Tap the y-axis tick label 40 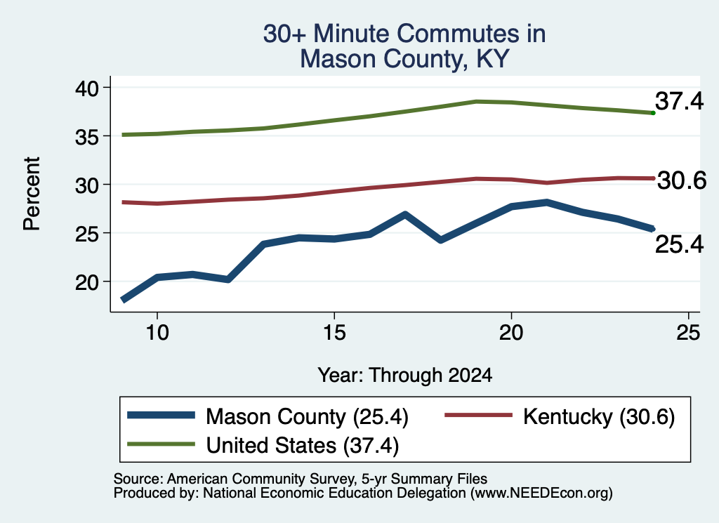(x=87, y=88)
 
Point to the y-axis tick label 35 (x=87, y=137)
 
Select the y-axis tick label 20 (x=87, y=282)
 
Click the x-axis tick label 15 (x=334, y=332)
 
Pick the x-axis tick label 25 (x=688, y=332)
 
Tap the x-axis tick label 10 (x=157, y=332)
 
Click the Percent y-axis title (x=32, y=194)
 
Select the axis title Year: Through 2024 (x=405, y=375)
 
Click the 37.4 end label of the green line (x=679, y=101)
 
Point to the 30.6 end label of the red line (x=682, y=180)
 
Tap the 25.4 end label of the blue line (x=679, y=244)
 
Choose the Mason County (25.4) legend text (x=307, y=417)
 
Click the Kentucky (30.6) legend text (x=599, y=417)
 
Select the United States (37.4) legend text (x=302, y=445)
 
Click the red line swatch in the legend (x=479, y=415)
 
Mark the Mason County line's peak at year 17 (x=405, y=215)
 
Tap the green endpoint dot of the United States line (x=653, y=113)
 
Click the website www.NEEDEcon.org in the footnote (x=541, y=493)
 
